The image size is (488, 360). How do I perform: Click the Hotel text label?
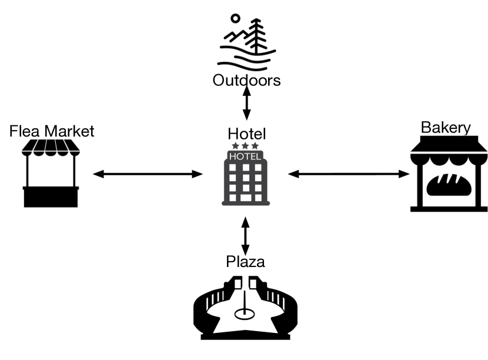click(x=246, y=134)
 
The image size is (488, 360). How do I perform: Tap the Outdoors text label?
click(x=246, y=80)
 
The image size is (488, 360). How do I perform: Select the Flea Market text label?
click(x=52, y=131)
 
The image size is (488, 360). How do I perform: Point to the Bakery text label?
click(x=446, y=128)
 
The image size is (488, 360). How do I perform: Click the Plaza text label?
click(x=245, y=261)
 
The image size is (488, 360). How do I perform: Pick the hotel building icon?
click(x=246, y=177)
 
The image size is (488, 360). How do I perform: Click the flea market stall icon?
click(x=51, y=174)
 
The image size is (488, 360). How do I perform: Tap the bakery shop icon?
click(x=449, y=174)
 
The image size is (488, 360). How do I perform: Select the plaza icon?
click(x=246, y=306)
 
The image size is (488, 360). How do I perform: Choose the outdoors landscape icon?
click(x=246, y=42)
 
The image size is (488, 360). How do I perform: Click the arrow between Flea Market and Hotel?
click(x=148, y=174)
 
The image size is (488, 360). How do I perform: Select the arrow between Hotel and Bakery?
click(x=349, y=174)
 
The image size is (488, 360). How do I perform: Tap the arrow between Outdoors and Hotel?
click(x=246, y=104)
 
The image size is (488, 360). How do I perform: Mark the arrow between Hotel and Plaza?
click(x=246, y=234)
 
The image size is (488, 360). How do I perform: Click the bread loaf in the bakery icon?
click(x=449, y=184)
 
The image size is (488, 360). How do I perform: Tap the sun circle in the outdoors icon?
click(x=235, y=19)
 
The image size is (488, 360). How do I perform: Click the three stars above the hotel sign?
click(x=245, y=145)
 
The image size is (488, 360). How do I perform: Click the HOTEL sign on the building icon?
click(x=245, y=156)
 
